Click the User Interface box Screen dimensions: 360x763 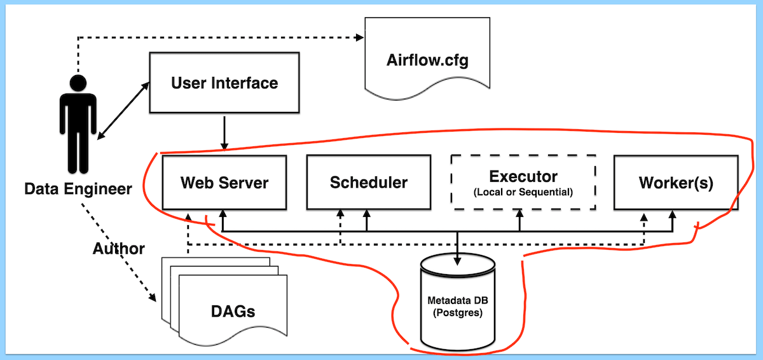pyautogui.click(x=224, y=83)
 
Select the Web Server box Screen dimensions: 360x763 pyautogui.click(x=224, y=183)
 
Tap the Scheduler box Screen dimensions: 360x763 pyautogui.click(x=368, y=183)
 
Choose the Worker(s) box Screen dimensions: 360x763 pyautogui.click(x=676, y=183)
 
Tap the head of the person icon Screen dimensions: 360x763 pyautogui.click(x=78, y=83)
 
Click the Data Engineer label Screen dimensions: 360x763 pyautogui.click(x=78, y=189)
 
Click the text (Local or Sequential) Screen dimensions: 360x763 pyautogui.click(x=523, y=191)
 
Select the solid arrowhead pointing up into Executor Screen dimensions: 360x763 pyautogui.click(x=520, y=216)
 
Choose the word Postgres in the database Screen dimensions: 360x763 pyautogui.click(x=457, y=313)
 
